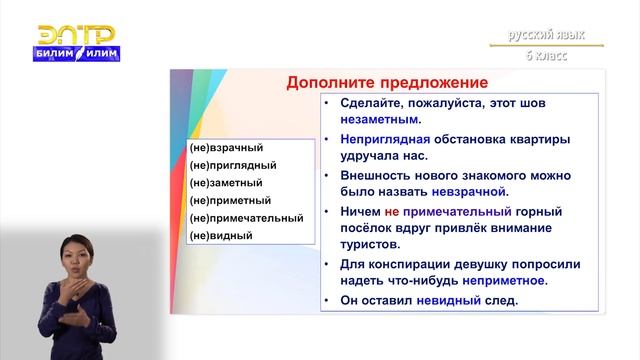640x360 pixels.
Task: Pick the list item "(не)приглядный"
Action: pyautogui.click(x=232, y=166)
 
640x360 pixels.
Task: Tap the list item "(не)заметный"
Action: pyautogui.click(x=225, y=183)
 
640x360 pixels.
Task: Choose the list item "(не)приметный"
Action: pyautogui.click(x=230, y=200)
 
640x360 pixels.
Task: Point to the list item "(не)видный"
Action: pyautogui.click(x=220, y=235)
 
